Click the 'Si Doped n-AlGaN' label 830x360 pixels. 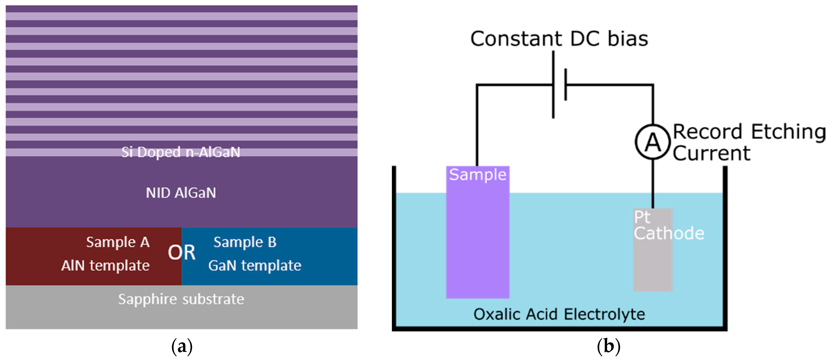(181, 152)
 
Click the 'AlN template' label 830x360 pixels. (105, 266)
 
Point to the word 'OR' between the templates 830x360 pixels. (181, 253)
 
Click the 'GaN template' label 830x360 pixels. (255, 266)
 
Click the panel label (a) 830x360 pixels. (182, 347)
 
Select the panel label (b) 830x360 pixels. (608, 347)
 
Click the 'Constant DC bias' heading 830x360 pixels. (559, 39)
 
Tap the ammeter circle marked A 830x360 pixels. (653, 142)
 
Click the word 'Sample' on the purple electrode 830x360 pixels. (478, 175)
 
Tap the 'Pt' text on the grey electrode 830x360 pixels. (642, 217)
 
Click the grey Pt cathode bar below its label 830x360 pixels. (653, 268)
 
